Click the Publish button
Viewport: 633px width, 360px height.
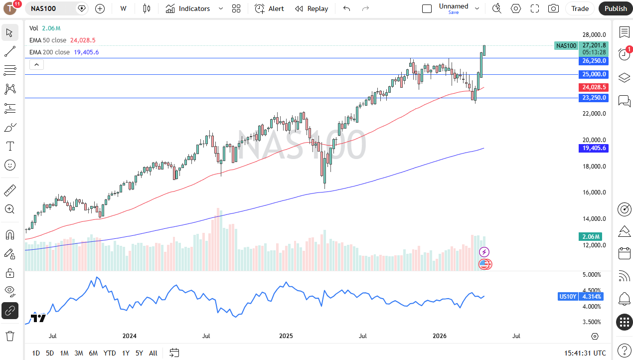click(616, 8)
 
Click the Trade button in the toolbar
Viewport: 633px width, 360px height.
click(580, 8)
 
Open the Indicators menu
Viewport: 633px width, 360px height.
click(188, 8)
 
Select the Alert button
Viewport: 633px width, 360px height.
click(270, 8)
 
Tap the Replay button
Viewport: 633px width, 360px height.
click(312, 8)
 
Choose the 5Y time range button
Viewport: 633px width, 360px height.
click(139, 353)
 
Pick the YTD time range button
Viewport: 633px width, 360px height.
click(110, 353)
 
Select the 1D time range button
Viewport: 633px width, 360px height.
click(36, 353)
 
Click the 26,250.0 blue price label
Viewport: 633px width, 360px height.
click(594, 61)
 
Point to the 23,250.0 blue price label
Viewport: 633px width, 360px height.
click(594, 98)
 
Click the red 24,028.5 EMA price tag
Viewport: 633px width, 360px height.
click(594, 87)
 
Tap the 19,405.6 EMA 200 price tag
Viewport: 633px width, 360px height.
click(594, 148)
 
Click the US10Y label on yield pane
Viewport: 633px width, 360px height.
click(568, 297)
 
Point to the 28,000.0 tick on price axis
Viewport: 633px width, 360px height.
click(594, 35)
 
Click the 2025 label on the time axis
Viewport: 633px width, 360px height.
click(286, 336)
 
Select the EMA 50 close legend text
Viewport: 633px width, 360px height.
click(48, 40)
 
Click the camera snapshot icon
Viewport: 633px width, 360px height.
click(553, 8)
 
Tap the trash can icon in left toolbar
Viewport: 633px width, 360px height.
click(9, 336)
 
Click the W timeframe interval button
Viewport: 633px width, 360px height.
click(123, 8)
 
